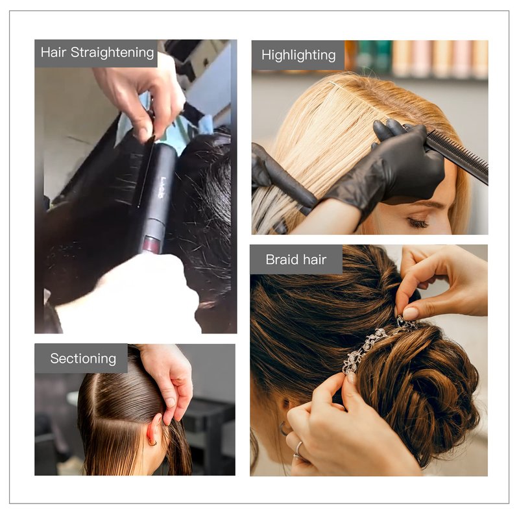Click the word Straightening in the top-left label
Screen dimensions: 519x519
(112, 53)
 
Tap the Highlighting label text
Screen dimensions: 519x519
(298, 55)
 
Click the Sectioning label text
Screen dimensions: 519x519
(83, 359)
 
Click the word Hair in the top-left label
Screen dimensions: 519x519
(54, 53)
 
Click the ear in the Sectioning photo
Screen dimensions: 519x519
(154, 430)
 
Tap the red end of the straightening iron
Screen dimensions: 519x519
(152, 245)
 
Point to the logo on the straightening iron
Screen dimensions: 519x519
(163, 187)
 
